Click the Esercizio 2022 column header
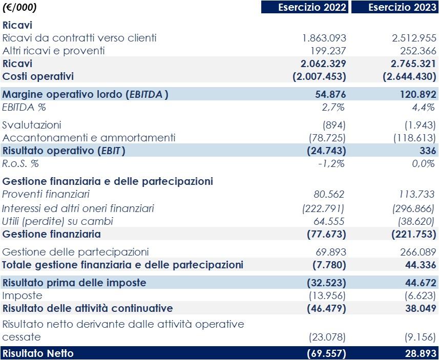click(305, 7)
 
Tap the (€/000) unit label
click(19, 7)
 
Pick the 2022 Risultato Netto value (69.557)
click(326, 353)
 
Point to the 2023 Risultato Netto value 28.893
click(416, 353)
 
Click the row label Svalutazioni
click(32, 125)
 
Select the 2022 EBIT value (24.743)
click(326, 151)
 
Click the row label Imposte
click(22, 295)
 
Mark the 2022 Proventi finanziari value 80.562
click(329, 194)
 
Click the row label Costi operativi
click(38, 76)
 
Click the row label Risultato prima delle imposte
click(74, 283)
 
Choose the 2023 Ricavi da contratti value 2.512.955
click(410, 38)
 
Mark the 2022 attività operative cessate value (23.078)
click(327, 337)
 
